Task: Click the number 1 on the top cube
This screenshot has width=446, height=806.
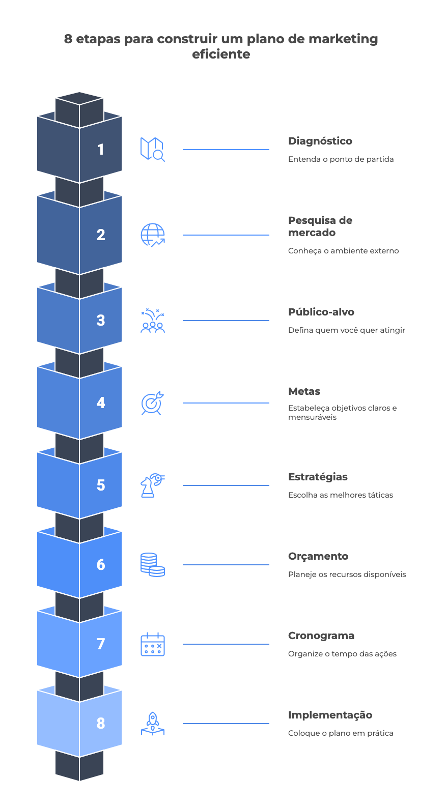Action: [101, 149]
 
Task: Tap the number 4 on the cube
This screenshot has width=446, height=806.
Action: [101, 402]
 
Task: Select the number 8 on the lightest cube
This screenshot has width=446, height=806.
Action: [101, 723]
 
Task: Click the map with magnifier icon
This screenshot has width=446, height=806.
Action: [152, 150]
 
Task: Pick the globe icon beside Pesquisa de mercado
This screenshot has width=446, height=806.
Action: [152, 235]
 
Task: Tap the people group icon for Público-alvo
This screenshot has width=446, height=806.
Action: [152, 321]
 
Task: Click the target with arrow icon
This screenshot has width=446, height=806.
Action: [152, 403]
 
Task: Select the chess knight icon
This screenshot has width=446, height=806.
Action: [152, 485]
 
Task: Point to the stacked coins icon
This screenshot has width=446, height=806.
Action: [152, 565]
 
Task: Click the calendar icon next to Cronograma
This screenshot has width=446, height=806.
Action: [152, 644]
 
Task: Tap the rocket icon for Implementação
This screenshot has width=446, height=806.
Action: [152, 724]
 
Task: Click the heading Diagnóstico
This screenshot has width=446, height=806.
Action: [320, 141]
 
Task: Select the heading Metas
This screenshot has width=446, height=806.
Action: [304, 391]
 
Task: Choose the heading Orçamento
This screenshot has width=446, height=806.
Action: [318, 556]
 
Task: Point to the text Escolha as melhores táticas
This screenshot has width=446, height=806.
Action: [340, 495]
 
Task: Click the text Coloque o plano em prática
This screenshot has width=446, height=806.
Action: [340, 733]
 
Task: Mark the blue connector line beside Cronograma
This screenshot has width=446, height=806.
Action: [226, 644]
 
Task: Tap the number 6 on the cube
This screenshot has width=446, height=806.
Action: [101, 564]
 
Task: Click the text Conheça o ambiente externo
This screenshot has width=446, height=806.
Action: [343, 251]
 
